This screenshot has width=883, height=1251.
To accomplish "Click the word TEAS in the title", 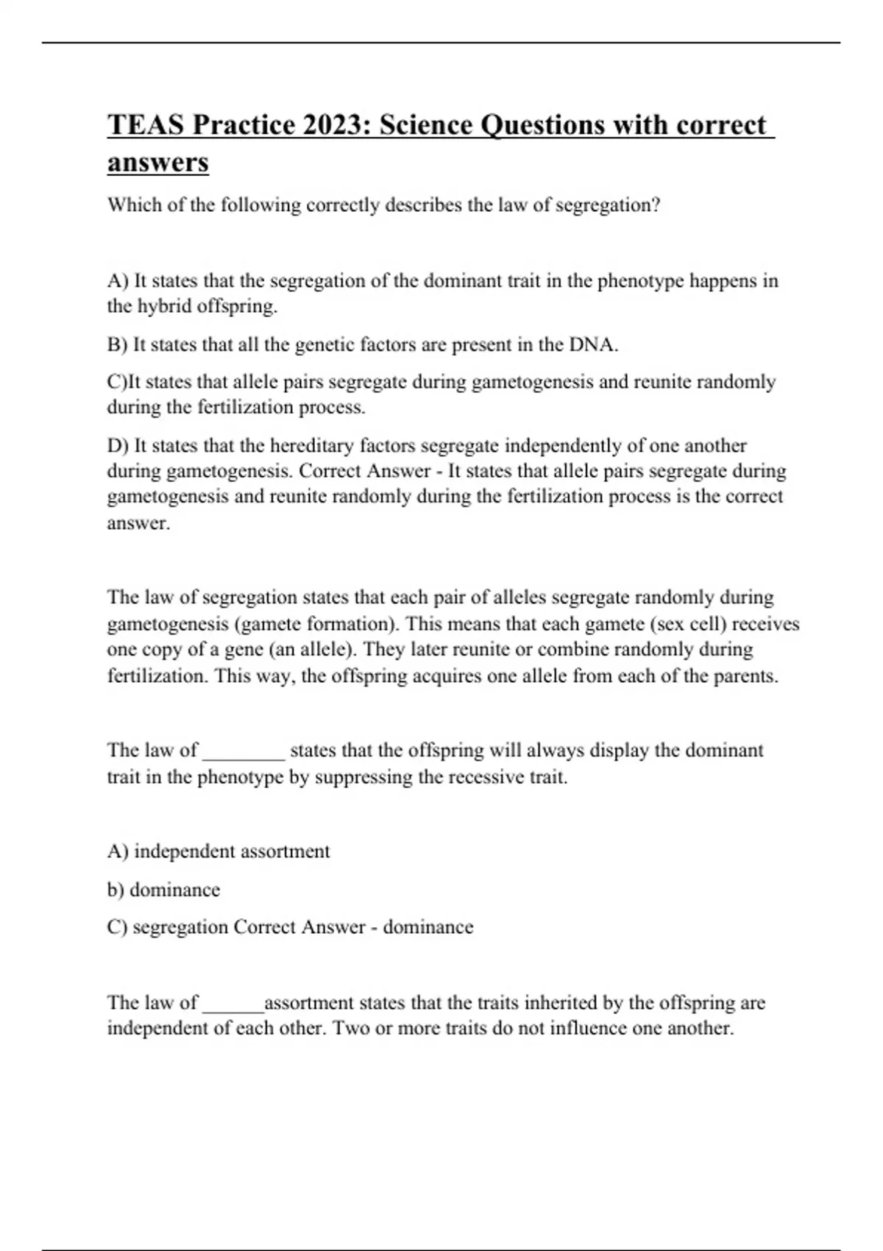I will coord(146,125).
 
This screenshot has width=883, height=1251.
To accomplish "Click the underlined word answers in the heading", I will coord(157,163).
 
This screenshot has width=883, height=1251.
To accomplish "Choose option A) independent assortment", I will coord(219,851).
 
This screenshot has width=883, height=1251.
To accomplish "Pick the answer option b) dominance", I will coord(163,890).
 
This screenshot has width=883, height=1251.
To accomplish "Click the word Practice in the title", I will coord(237,125).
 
